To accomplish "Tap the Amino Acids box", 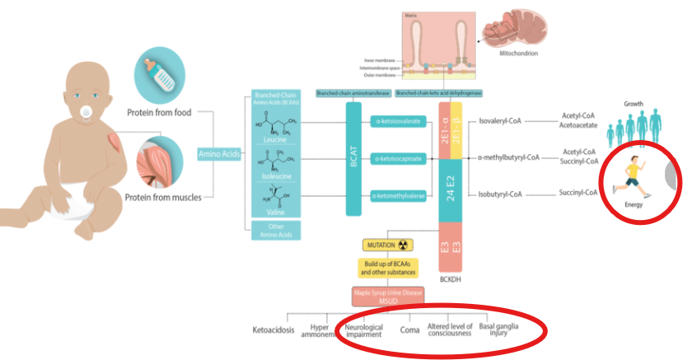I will tap(219, 154).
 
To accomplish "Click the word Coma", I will tap(409, 330).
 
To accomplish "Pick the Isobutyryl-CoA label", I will tap(502, 194).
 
